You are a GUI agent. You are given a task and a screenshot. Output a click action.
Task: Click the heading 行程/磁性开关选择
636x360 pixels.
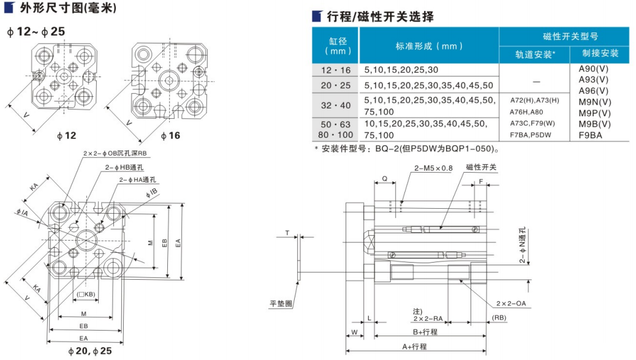pyautogui.click(x=380, y=17)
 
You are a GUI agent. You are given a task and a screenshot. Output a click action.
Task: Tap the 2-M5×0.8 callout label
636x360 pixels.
pyautogui.click(x=433, y=168)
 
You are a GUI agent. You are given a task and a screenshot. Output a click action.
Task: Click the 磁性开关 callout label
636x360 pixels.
pyautogui.click(x=481, y=167)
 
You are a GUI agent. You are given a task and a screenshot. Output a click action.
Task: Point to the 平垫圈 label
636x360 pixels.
pyautogui.click(x=281, y=302)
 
